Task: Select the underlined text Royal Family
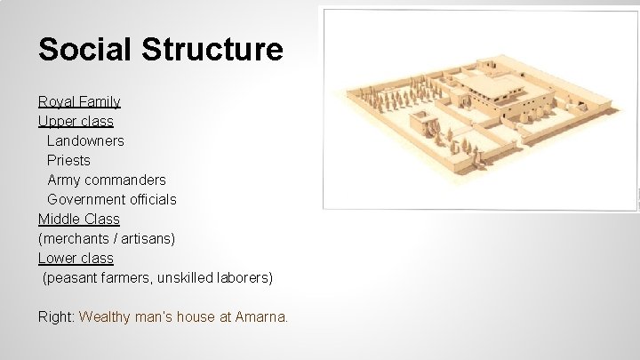pos(79,102)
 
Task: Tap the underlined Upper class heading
pos(76,121)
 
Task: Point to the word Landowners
pos(85,140)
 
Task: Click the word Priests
pos(68,160)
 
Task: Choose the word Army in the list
pos(64,180)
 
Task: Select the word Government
pos(84,199)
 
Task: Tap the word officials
pos(150,199)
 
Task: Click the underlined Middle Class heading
pos(78,219)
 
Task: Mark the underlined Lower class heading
pos(76,258)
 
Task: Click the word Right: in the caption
pos(56,316)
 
